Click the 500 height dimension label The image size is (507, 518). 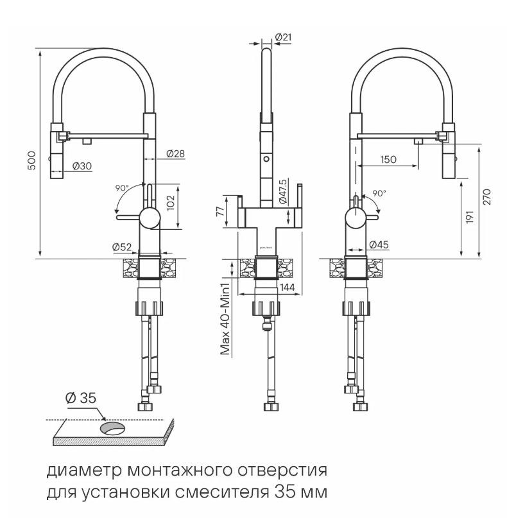click(x=31, y=160)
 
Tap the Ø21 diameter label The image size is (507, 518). click(x=283, y=37)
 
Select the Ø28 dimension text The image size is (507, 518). click(x=175, y=153)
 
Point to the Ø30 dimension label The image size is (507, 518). click(x=82, y=166)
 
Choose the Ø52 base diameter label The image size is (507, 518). click(x=122, y=246)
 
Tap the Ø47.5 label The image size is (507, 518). click(x=283, y=192)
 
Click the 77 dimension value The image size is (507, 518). click(x=220, y=210)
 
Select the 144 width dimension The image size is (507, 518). click(x=287, y=288)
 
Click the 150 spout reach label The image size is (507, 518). click(x=388, y=160)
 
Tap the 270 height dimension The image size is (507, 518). click(x=487, y=197)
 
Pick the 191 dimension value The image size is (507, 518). click(x=470, y=217)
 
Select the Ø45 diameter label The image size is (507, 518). click(x=379, y=245)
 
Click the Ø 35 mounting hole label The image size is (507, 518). click(x=81, y=398)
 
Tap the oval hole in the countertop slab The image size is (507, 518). click(x=112, y=429)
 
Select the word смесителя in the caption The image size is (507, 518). click(x=222, y=493)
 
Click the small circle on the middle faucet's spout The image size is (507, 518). click(x=266, y=159)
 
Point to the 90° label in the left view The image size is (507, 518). click(x=122, y=188)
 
